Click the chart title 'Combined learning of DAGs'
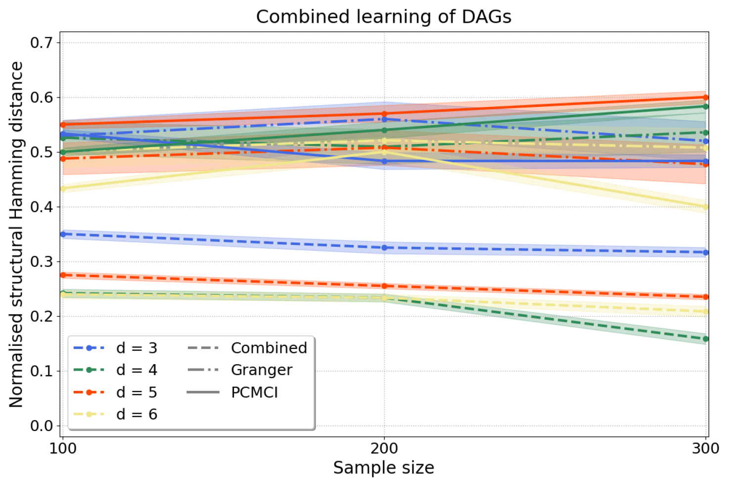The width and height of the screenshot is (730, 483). (x=383, y=17)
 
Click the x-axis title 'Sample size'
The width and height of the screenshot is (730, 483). (x=383, y=468)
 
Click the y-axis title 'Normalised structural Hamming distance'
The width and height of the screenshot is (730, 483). (x=16, y=235)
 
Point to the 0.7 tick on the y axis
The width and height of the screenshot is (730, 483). (x=42, y=43)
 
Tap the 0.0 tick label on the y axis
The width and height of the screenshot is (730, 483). (x=42, y=426)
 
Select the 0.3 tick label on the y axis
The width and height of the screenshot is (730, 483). (x=42, y=262)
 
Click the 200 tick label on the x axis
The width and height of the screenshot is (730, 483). (x=384, y=448)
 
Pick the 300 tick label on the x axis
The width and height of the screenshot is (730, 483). (x=705, y=448)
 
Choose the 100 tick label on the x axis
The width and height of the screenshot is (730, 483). (x=63, y=448)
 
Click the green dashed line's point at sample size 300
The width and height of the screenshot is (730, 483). (x=706, y=339)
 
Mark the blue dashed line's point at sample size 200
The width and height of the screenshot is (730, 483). (x=384, y=247)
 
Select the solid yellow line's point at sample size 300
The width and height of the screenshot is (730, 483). (x=706, y=207)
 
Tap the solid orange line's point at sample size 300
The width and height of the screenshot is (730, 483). (x=706, y=97)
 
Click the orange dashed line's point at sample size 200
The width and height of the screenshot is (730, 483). (x=384, y=286)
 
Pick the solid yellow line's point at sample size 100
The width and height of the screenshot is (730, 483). (x=63, y=189)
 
